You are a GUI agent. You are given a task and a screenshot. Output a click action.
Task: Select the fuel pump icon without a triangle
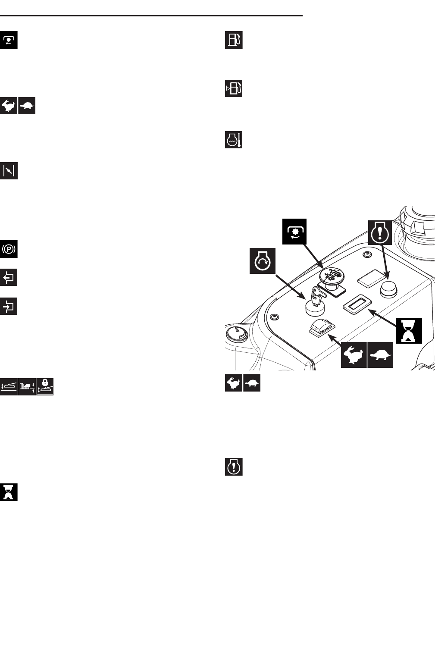234,40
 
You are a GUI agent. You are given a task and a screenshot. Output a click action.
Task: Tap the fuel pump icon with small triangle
234,88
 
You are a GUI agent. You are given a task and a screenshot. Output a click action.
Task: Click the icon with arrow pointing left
9,277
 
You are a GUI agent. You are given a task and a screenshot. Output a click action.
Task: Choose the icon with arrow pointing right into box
9,306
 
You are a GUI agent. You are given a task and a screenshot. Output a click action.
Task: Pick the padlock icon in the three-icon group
45,386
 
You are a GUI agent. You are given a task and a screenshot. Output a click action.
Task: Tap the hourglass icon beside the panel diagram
409,331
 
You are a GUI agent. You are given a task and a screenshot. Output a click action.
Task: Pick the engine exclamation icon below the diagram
234,467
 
